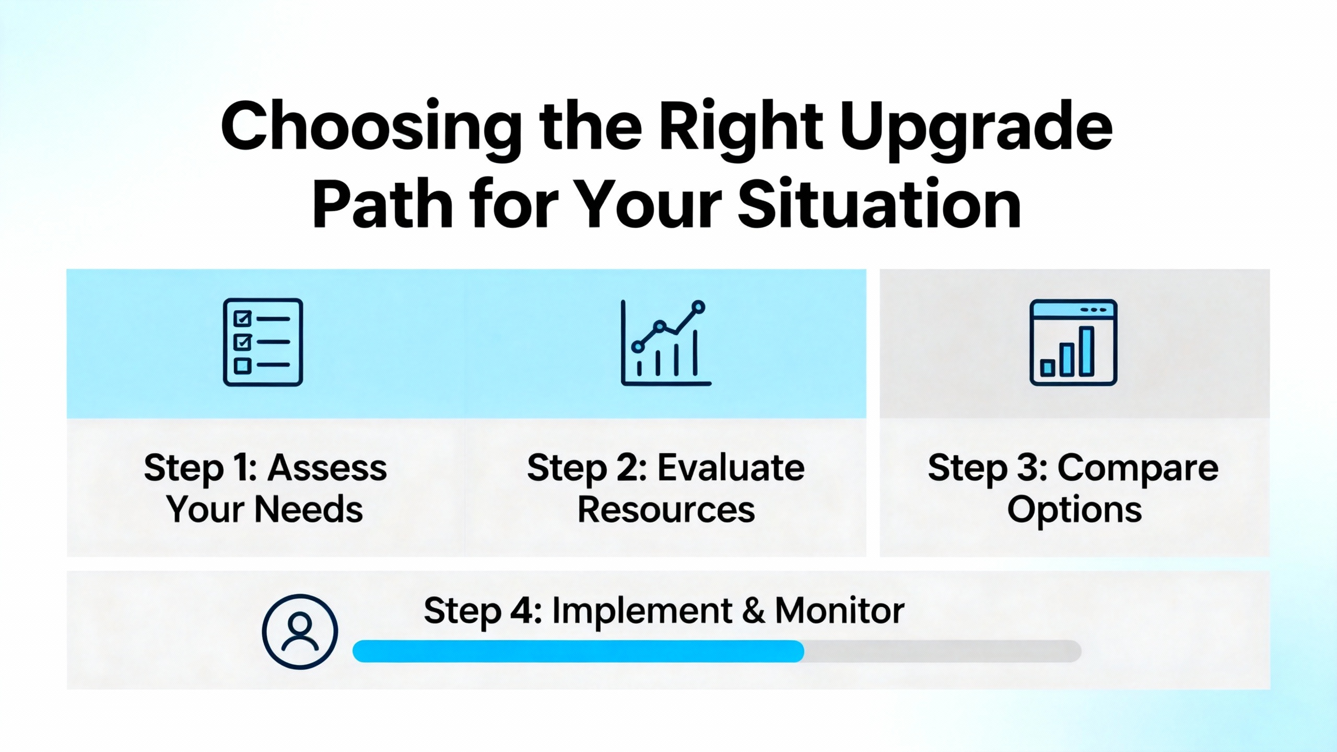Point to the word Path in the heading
(382, 205)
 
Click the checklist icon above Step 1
(263, 342)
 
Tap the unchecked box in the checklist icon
(242, 366)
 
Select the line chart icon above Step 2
(666, 343)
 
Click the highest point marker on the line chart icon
(698, 307)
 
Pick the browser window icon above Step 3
(1073, 343)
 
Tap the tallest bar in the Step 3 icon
(1087, 351)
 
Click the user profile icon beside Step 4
(300, 632)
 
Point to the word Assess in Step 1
(327, 467)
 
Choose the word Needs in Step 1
(308, 510)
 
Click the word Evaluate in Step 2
(731, 467)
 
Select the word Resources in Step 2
(666, 510)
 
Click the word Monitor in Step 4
(839, 610)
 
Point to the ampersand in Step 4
(753, 610)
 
